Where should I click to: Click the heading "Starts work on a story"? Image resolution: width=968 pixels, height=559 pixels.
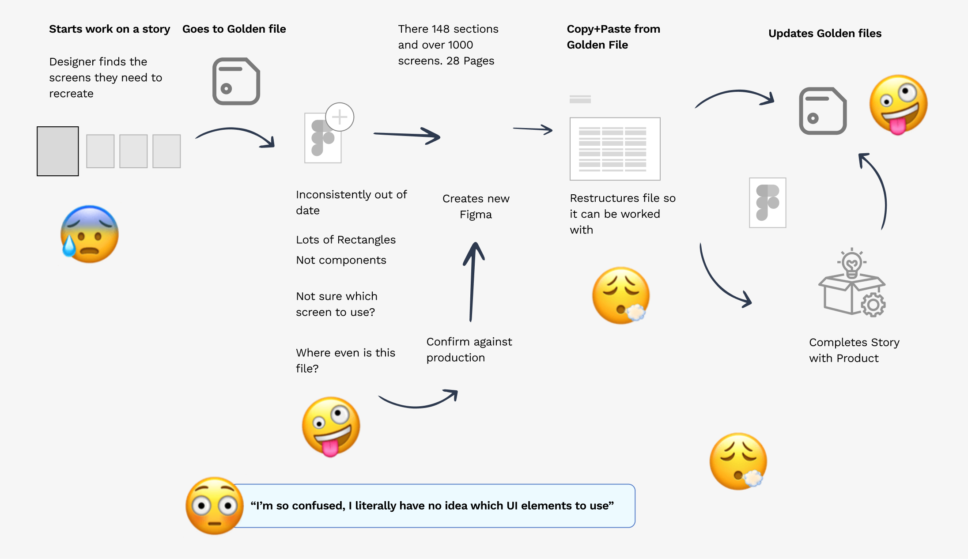[110, 29]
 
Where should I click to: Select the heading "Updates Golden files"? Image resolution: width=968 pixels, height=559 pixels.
[824, 34]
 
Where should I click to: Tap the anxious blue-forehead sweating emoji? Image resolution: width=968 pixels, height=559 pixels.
[90, 234]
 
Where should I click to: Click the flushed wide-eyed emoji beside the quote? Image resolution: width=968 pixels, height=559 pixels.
[214, 506]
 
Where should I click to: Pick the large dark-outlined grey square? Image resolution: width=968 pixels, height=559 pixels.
[58, 151]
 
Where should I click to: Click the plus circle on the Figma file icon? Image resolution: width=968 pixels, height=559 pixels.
[340, 117]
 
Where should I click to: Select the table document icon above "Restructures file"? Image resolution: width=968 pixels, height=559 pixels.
[615, 148]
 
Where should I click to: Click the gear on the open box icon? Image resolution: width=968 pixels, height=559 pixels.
[873, 305]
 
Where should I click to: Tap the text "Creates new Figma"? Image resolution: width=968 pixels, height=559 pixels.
[476, 207]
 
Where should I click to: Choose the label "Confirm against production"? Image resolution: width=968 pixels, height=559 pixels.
[469, 350]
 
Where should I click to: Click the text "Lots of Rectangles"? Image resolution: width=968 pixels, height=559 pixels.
[346, 240]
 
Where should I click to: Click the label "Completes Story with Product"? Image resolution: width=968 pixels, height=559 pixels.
[854, 350]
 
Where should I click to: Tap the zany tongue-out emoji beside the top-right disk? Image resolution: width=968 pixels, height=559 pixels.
[898, 105]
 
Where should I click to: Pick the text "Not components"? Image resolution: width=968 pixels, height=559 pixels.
[341, 260]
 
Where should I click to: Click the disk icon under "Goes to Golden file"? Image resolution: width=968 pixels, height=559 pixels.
[236, 81]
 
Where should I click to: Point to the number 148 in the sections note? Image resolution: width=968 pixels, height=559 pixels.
[440, 29]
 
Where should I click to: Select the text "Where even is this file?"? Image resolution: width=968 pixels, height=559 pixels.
[345, 360]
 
